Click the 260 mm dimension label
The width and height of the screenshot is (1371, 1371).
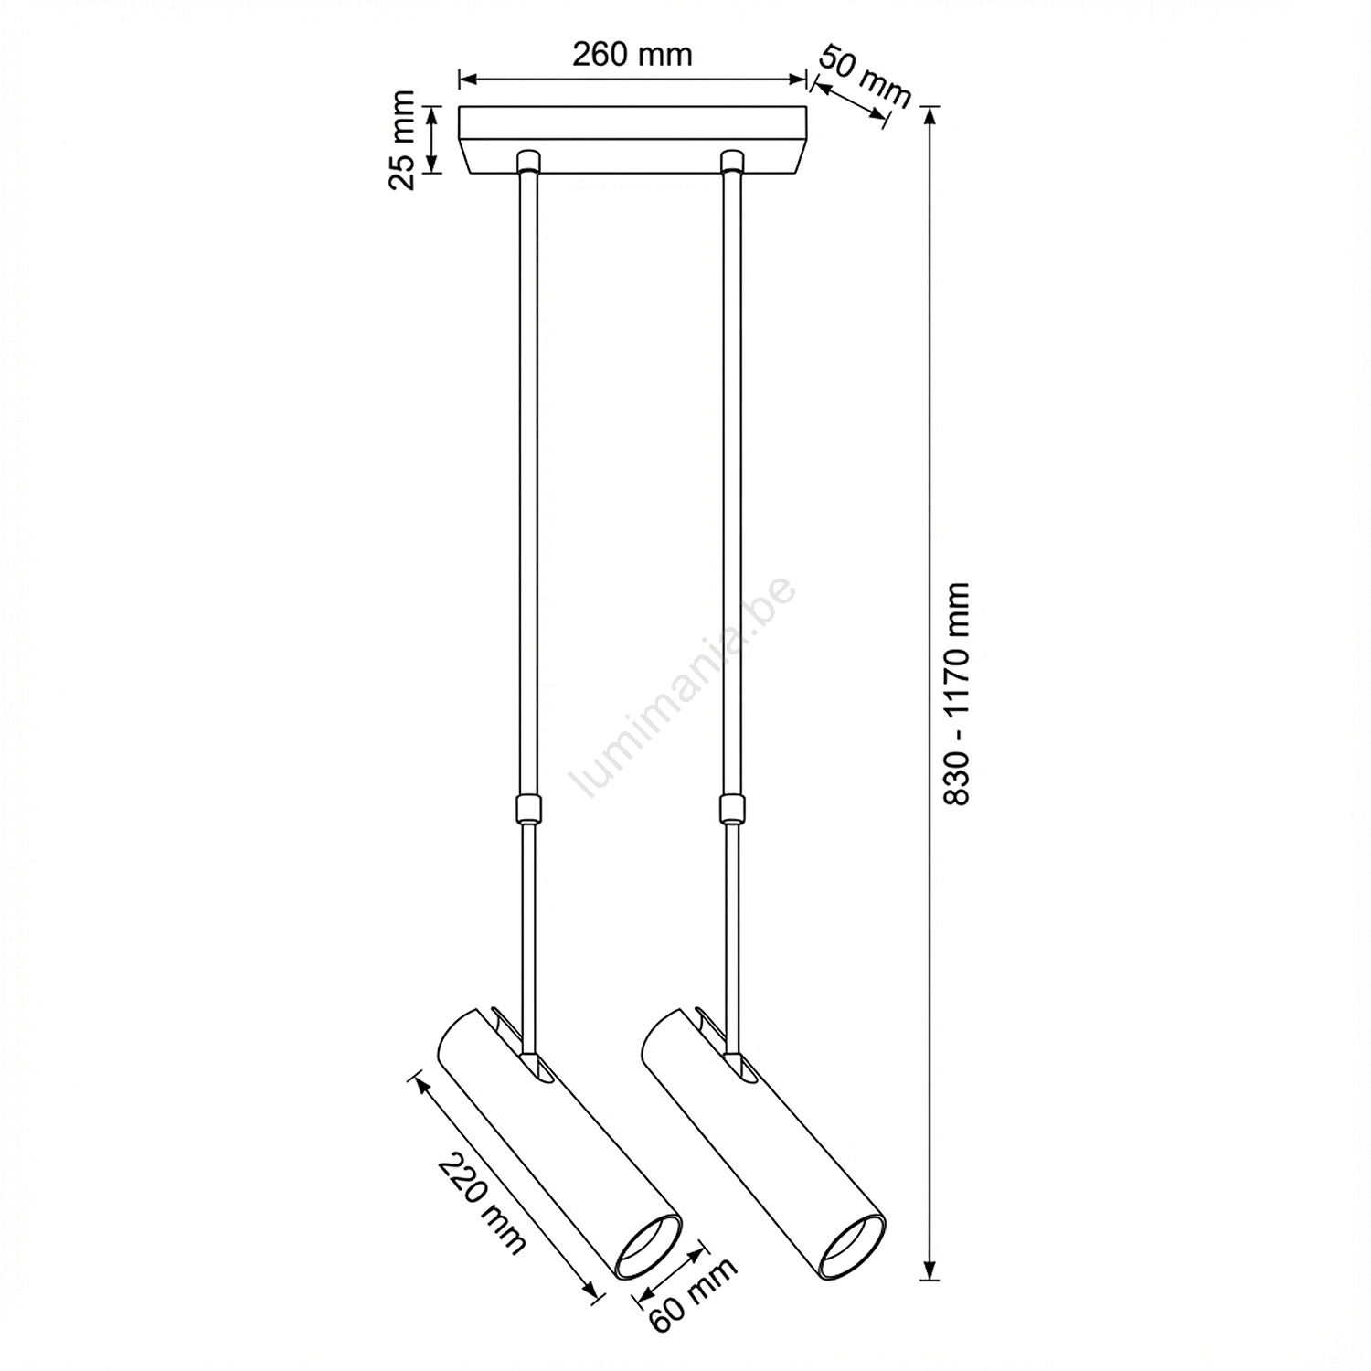tap(632, 55)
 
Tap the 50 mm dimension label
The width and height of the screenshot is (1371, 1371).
tap(865, 76)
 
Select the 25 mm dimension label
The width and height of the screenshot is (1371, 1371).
tap(402, 140)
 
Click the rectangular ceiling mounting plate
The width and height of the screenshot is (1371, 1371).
tap(632, 140)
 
